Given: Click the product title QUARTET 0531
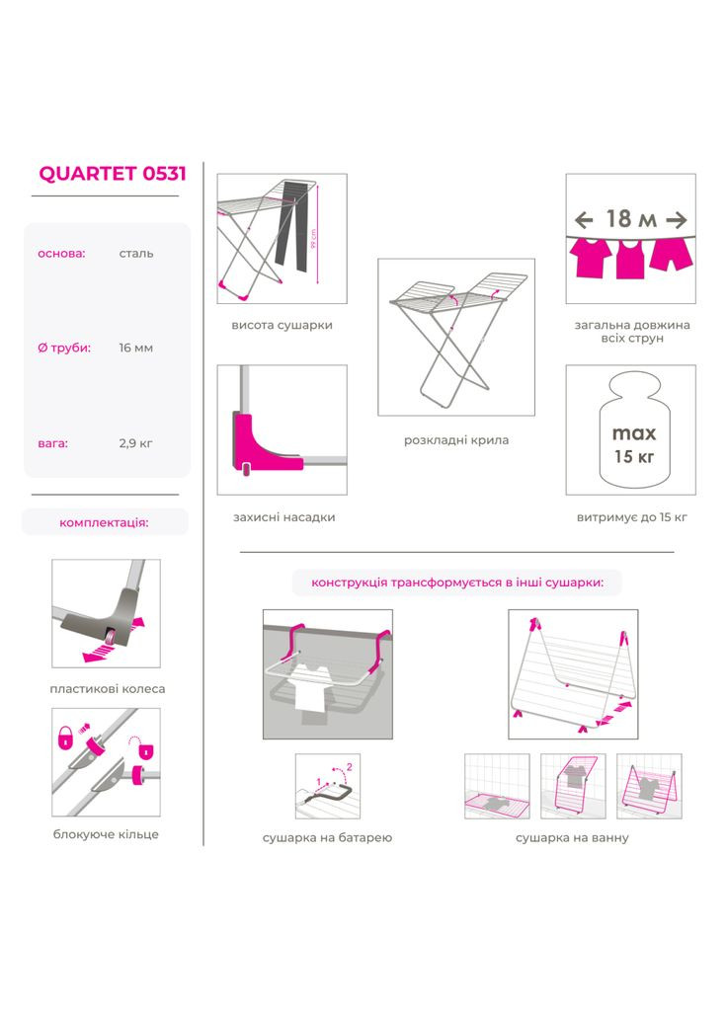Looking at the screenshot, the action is click(113, 174).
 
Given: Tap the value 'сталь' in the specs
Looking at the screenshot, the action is click(136, 254).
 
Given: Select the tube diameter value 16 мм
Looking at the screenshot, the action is click(135, 348).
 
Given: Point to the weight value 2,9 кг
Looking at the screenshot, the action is click(135, 443).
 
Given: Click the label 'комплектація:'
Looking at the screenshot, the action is click(104, 522).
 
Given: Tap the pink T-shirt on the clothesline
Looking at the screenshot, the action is click(591, 257).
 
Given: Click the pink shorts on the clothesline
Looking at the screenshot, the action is click(672, 254).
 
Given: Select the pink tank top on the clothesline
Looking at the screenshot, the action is click(630, 259).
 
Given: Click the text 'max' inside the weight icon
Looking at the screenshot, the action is click(633, 432).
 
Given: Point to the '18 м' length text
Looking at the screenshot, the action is click(631, 219).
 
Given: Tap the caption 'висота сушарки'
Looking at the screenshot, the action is click(282, 325).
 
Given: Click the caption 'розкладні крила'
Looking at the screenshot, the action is click(456, 440).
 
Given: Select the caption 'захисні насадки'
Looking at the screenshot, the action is click(283, 517).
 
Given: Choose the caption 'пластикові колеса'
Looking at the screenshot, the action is click(107, 688).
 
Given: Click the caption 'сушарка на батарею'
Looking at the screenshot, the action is click(327, 837).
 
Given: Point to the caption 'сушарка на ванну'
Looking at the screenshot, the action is click(572, 837).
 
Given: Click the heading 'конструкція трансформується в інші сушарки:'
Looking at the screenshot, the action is click(457, 583).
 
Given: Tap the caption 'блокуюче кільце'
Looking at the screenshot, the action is click(106, 834).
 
